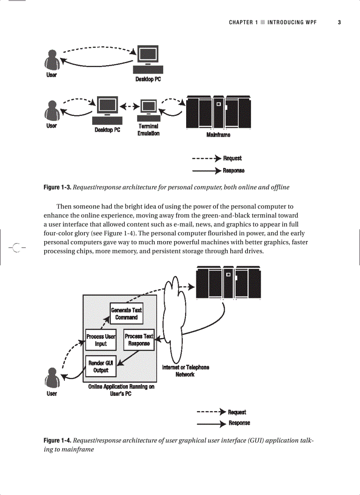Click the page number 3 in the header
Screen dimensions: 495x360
pyautogui.click(x=339, y=22)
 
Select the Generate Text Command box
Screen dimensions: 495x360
pyautogui.click(x=126, y=314)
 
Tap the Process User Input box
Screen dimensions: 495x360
pyautogui.click(x=101, y=340)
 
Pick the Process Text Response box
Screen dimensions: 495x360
pyautogui.click(x=139, y=340)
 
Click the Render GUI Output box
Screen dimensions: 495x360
pyautogui.click(x=101, y=366)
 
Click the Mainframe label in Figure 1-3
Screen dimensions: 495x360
pyautogui.click(x=218, y=135)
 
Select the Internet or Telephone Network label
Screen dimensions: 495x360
pyautogui.click(x=185, y=371)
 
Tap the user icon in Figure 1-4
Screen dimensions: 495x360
pyautogui.click(x=52, y=379)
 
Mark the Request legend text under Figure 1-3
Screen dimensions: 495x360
pyautogui.click(x=232, y=158)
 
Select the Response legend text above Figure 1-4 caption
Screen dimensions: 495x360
pyautogui.click(x=239, y=423)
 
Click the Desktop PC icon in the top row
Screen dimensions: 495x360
pyautogui.click(x=148, y=60)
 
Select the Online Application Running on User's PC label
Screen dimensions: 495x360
pyautogui.click(x=121, y=390)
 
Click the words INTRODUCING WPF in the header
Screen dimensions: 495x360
pyautogui.click(x=292, y=22)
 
